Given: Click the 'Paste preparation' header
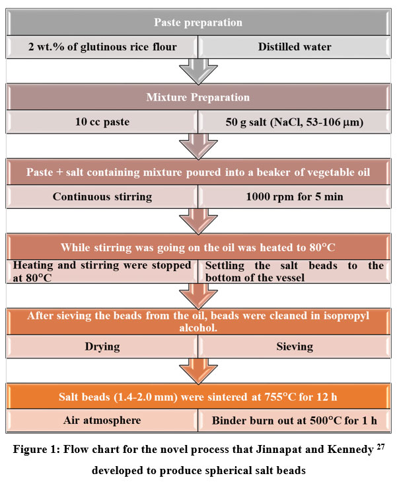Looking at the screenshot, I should click(x=198, y=22).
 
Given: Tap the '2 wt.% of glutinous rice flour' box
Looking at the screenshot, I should click(x=102, y=46).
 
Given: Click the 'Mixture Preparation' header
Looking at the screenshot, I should click(x=198, y=97).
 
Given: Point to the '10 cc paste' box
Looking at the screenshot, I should click(x=102, y=122).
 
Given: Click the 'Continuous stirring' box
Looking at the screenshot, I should click(x=102, y=196).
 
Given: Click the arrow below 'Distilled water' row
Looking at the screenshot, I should click(x=198, y=70).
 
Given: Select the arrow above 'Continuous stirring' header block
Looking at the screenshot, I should click(x=198, y=145).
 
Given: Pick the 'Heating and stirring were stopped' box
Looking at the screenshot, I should click(x=102, y=271).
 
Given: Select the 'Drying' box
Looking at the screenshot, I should click(x=102, y=345).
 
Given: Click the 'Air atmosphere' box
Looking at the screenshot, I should click(x=102, y=419).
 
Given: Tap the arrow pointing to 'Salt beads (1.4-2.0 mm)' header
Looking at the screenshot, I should click(x=198, y=369).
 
